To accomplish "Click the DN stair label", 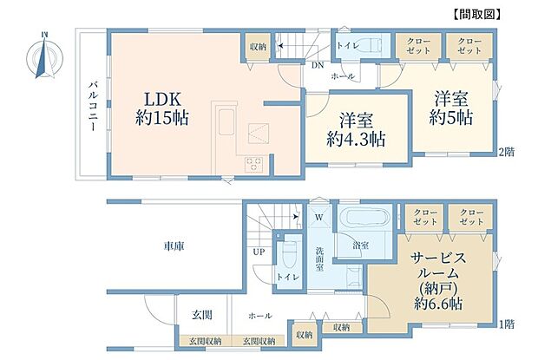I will tap(318, 63).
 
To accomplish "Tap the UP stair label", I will tap(258, 252).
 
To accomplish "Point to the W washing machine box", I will tap(318, 217).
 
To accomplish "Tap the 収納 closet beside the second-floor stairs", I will tap(258, 46).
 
